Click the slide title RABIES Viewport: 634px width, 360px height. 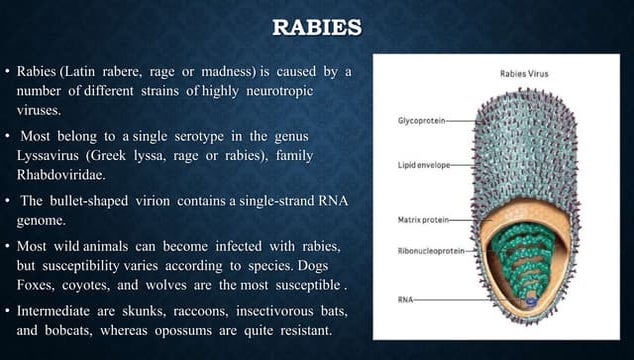click(x=317, y=27)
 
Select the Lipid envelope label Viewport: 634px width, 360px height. click(x=422, y=163)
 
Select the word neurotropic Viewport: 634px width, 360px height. click(x=276, y=91)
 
